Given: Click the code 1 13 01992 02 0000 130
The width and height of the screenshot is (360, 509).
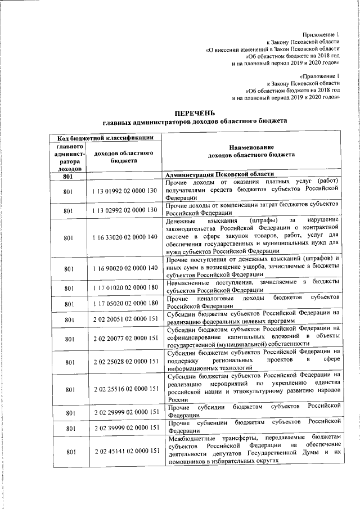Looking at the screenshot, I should (124, 191).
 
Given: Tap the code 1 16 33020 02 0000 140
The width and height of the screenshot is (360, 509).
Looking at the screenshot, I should (124, 238).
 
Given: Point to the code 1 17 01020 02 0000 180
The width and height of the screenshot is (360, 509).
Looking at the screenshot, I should (124, 287).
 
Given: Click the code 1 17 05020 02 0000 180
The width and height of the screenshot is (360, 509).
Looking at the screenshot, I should (124, 303).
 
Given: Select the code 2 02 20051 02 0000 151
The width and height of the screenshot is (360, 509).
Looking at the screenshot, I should (124, 319).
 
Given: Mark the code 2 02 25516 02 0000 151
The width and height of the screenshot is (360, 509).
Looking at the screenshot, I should (124, 389).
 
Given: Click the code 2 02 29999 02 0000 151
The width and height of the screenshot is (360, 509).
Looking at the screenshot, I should (124, 412).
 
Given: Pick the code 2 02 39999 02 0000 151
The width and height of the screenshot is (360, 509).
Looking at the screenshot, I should (124, 428).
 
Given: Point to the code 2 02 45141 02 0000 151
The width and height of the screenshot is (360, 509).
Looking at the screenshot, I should (124, 452).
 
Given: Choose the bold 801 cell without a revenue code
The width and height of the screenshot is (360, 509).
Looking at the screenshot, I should (69, 175).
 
